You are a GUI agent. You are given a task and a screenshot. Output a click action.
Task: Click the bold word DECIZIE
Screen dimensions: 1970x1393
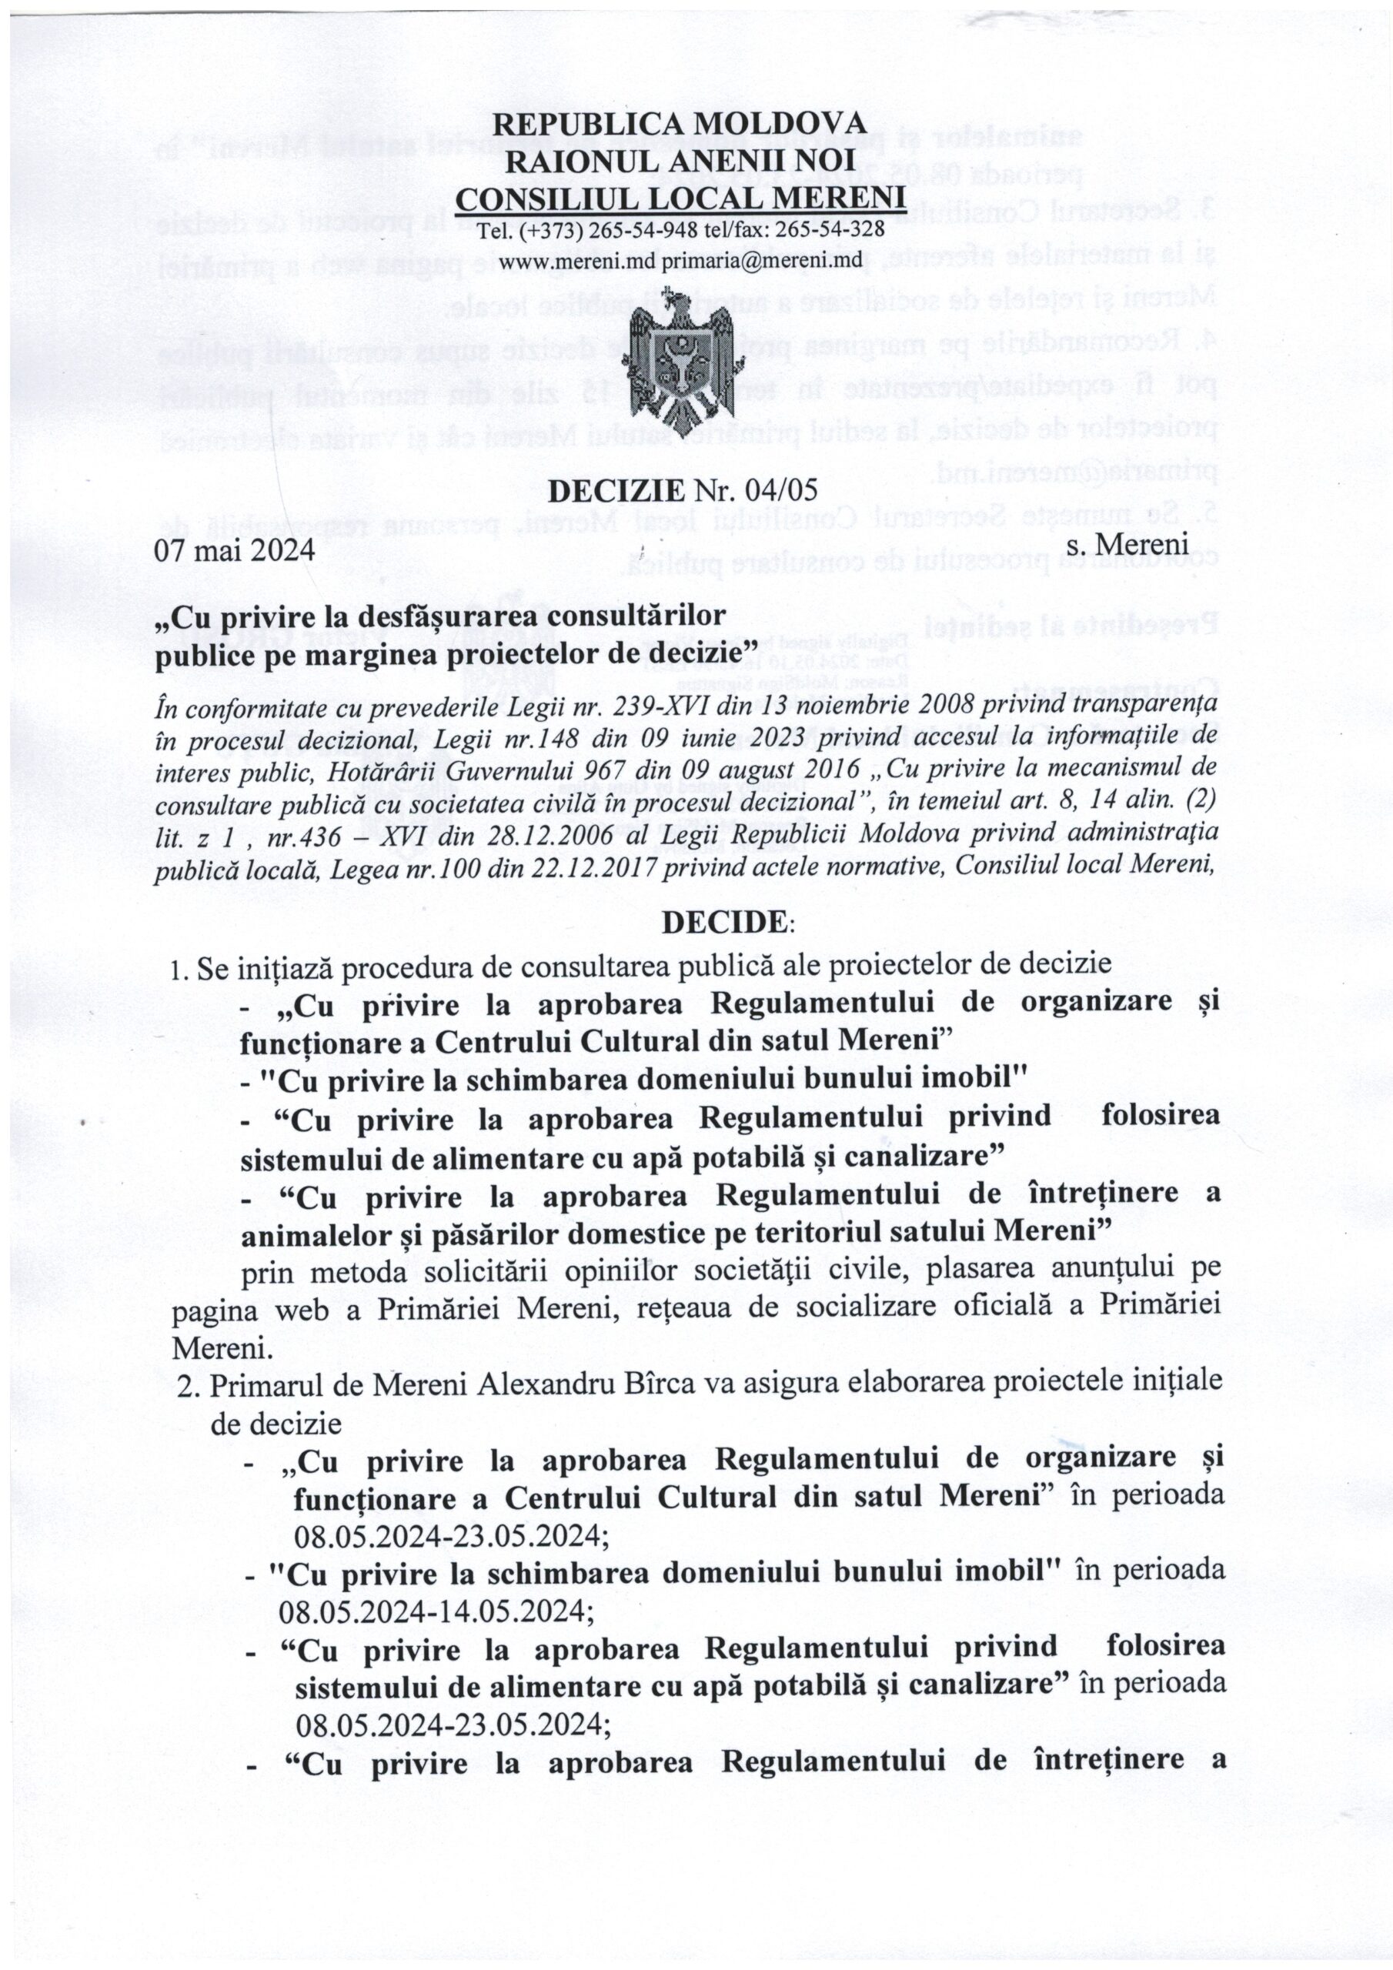coord(616,490)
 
